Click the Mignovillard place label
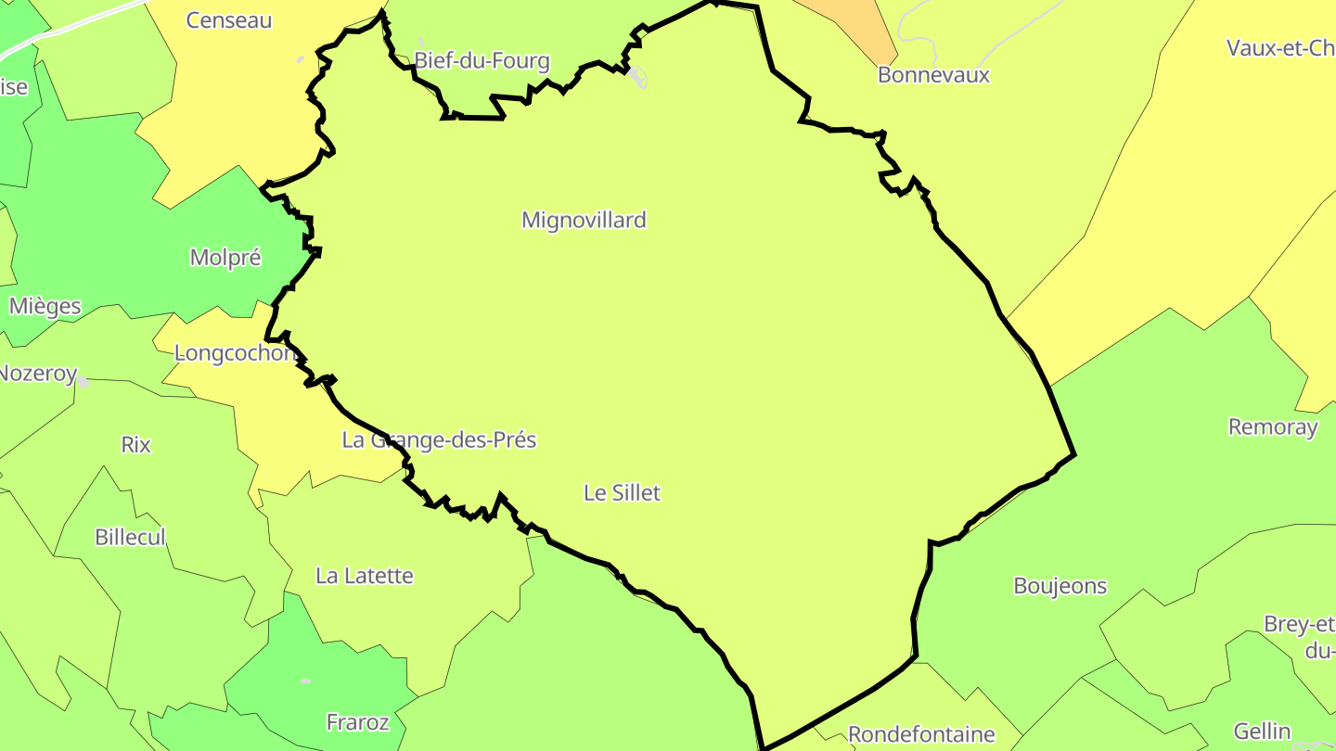tap(584, 221)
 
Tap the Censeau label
tap(229, 20)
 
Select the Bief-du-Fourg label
tap(482, 62)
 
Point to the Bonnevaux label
tap(933, 75)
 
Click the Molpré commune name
tap(225, 258)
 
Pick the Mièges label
tap(45, 306)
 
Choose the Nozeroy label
tap(37, 374)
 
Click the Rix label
tap(135, 445)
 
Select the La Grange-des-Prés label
tap(439, 440)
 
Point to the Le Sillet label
tap(622, 493)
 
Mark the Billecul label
tap(130, 538)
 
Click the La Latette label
tap(365, 576)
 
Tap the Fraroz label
tap(357, 722)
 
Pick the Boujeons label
tap(1060, 586)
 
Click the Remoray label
tap(1273, 427)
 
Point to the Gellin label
tap(1262, 732)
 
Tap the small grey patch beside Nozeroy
tap(83, 382)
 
